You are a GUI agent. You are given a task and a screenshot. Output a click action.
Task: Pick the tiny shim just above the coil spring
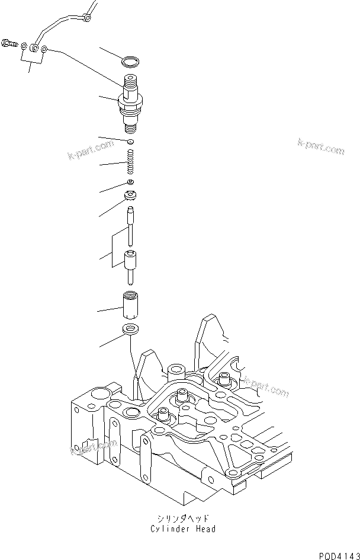tap(130, 142)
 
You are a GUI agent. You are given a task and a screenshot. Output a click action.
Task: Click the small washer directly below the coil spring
tap(130, 182)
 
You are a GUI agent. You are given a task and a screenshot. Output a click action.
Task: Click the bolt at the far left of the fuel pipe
tap(8, 43)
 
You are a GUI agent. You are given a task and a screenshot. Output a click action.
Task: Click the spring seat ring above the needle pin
tap(130, 196)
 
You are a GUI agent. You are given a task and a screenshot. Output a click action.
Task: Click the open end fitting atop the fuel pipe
tap(88, 18)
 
